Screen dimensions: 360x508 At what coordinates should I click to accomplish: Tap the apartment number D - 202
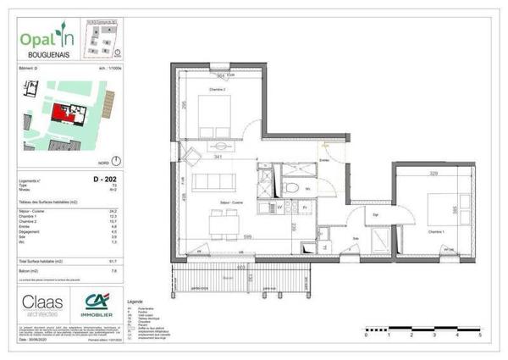(x=104, y=180)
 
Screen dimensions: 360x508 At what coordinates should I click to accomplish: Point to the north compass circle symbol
(x=116, y=160)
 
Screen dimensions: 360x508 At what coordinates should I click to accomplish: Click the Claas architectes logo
(x=44, y=305)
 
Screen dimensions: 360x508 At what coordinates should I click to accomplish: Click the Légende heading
(x=135, y=301)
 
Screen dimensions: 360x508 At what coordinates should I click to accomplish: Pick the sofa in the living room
(x=212, y=181)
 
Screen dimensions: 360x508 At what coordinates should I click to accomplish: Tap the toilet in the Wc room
(x=291, y=188)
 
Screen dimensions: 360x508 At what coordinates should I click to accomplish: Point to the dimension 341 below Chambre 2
(x=218, y=158)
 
